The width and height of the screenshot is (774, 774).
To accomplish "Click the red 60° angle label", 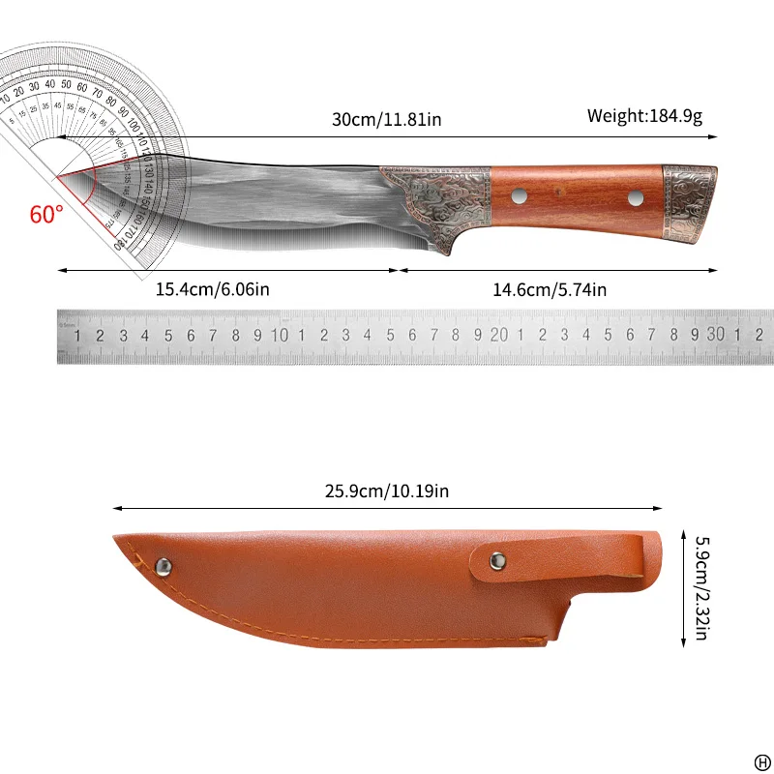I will pyautogui.click(x=45, y=214).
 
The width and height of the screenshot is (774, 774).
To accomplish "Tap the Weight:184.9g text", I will pyautogui.click(x=644, y=116).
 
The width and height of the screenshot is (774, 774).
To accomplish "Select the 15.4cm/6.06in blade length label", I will pyautogui.click(x=213, y=288).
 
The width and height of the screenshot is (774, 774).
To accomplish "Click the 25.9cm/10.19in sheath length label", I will pyautogui.click(x=387, y=491).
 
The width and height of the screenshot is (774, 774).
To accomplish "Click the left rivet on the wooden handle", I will pyautogui.click(x=520, y=197).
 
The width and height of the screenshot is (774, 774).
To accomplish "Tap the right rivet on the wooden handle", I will pyautogui.click(x=636, y=197).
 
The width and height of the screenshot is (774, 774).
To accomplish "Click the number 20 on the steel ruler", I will pyautogui.click(x=499, y=335).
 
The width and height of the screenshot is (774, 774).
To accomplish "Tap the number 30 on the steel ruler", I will pyautogui.click(x=715, y=335).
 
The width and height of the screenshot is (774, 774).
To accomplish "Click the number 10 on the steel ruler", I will pyautogui.click(x=281, y=335).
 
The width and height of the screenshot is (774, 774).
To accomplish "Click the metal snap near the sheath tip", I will pyautogui.click(x=164, y=565).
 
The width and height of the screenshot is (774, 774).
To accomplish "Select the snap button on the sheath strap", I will pyautogui.click(x=497, y=558).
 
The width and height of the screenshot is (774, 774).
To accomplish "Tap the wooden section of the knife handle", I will pyautogui.click(x=578, y=197).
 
